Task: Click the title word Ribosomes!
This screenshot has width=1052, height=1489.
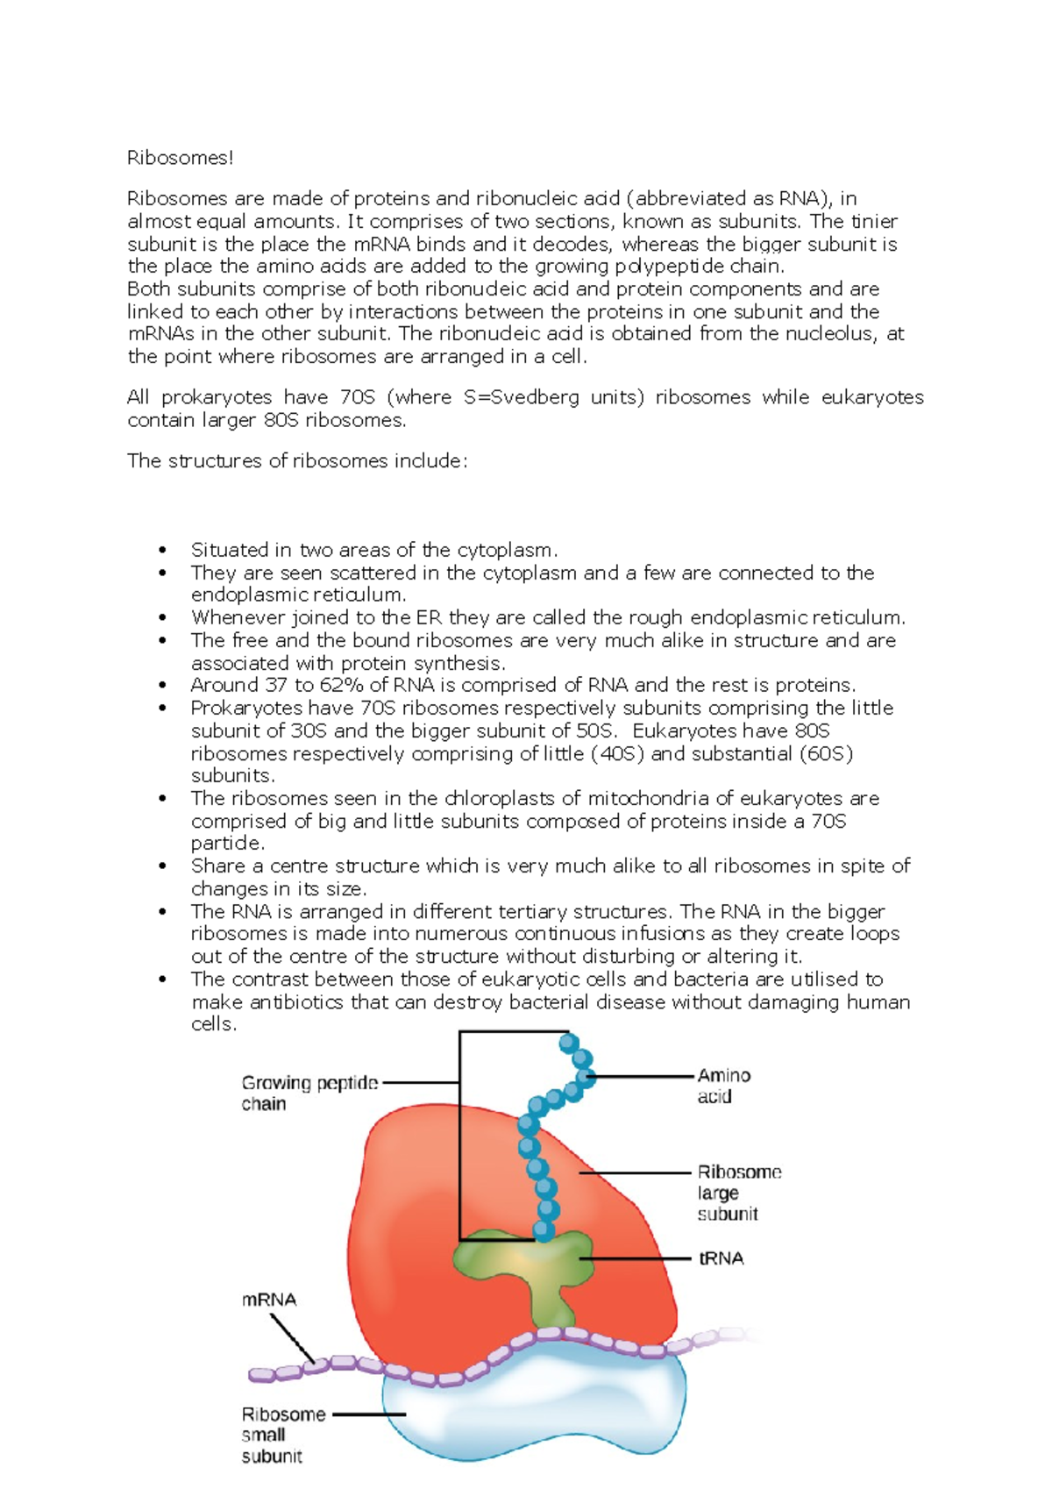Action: tap(181, 158)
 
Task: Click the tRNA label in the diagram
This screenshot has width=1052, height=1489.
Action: tap(721, 1258)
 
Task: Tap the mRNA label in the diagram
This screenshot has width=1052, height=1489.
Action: tap(268, 1300)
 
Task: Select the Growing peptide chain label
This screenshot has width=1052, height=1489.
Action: tap(309, 1093)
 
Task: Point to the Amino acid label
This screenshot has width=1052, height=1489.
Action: tap(723, 1086)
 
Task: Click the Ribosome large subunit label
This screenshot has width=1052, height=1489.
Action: tap(738, 1193)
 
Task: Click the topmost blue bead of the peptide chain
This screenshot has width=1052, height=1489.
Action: tap(569, 1043)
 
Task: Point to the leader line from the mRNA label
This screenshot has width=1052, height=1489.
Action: tap(292, 1336)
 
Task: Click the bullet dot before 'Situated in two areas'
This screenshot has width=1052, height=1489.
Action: tap(162, 550)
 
